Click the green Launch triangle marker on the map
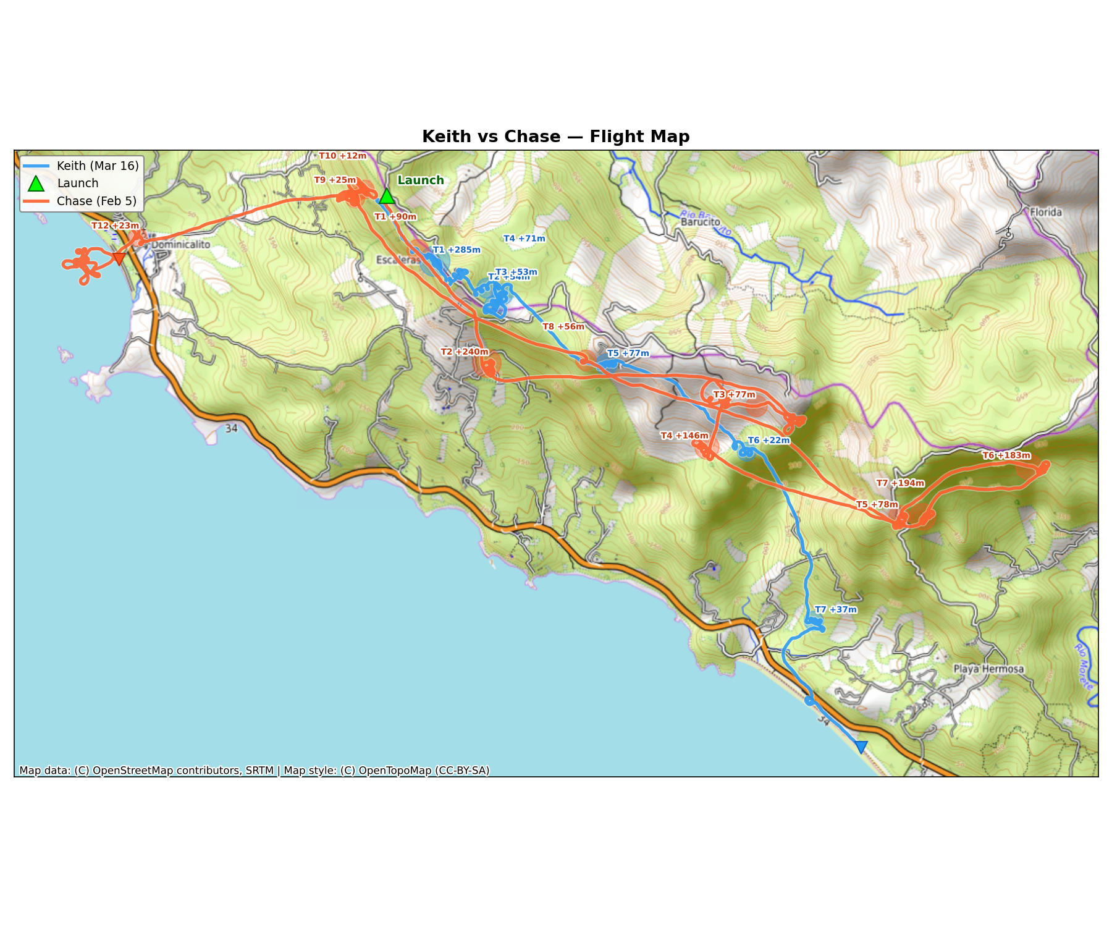[387, 197]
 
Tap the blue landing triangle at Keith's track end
[861, 747]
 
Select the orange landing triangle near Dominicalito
[119, 258]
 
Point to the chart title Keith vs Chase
[555, 137]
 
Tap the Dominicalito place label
[180, 245]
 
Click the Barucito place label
[701, 222]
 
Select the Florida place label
[1046, 213]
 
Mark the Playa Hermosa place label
[988, 669]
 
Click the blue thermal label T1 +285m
[457, 250]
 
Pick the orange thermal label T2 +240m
[465, 352]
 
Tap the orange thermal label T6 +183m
[1006, 455]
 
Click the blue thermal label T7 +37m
[835, 610]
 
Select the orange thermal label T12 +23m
[116, 226]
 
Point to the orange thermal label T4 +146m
[684, 436]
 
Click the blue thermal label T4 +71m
[524, 239]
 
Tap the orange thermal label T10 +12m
[342, 156]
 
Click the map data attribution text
[254, 770]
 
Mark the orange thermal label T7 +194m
[900, 483]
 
